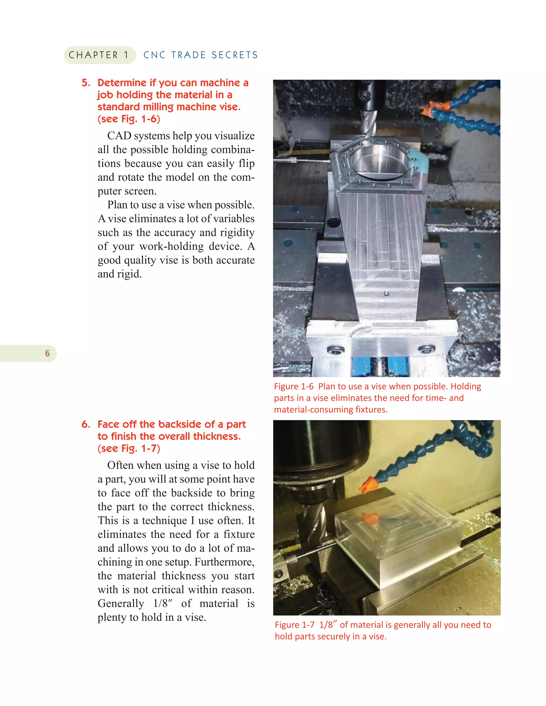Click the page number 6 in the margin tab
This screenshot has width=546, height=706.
[x=47, y=353]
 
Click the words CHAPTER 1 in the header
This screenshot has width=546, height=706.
[x=99, y=55]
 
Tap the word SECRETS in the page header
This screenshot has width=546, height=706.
[x=235, y=55]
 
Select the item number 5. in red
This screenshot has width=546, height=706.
[x=86, y=83]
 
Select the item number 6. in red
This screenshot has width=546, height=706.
[x=86, y=424]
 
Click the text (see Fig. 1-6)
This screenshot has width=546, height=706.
[x=129, y=119]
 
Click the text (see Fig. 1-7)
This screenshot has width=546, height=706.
[x=129, y=448]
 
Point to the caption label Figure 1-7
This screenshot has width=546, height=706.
[x=294, y=624]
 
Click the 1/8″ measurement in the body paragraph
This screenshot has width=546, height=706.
[x=163, y=603]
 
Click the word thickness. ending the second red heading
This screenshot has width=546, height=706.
[x=217, y=436]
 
